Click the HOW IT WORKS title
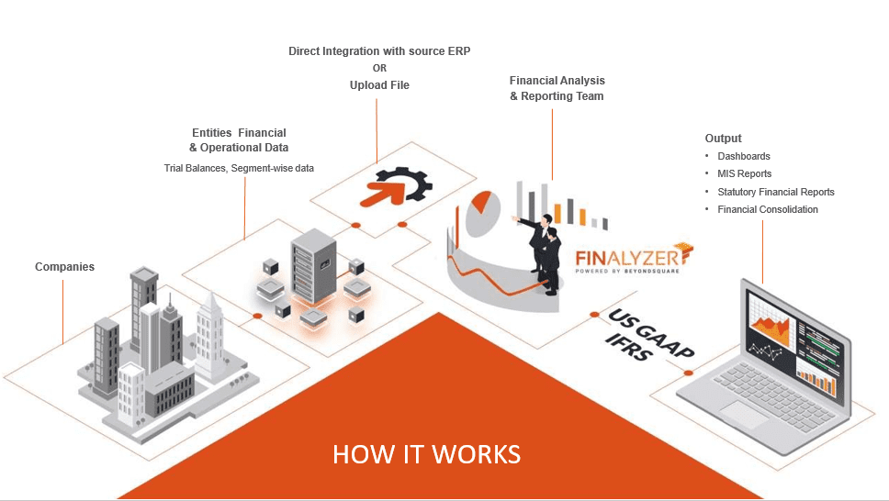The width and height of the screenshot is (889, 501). [x=426, y=454]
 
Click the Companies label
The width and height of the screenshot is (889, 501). [x=64, y=267]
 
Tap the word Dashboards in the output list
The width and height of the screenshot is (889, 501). [x=743, y=157]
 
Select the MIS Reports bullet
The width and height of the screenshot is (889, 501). [x=744, y=174]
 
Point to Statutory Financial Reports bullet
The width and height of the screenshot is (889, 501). [x=775, y=192]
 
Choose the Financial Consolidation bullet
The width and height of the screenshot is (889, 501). [x=767, y=209]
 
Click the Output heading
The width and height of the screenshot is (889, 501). [x=723, y=139]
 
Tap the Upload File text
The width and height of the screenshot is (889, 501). [x=379, y=85]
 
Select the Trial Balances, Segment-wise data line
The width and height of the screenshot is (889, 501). [x=238, y=168]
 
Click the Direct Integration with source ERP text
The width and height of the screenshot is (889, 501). [x=379, y=51]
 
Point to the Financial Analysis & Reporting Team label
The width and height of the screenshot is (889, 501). [x=557, y=88]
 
